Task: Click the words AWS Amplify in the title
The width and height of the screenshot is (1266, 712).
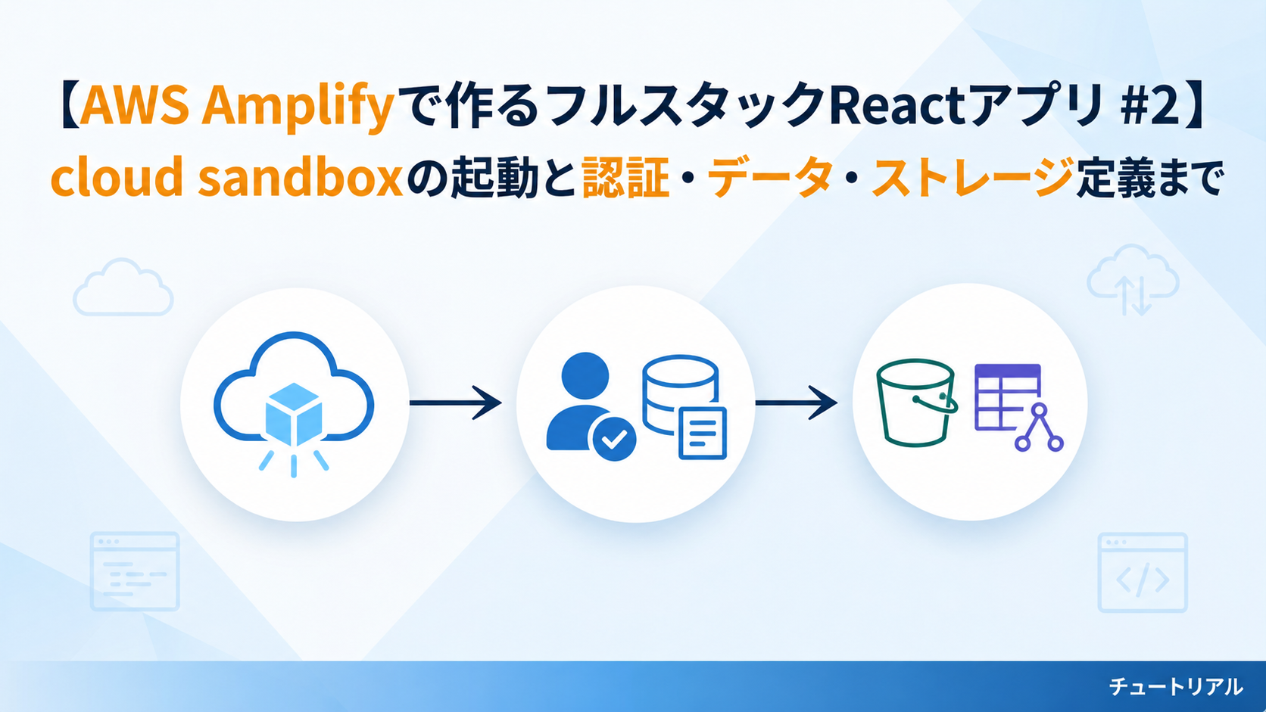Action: (x=236, y=106)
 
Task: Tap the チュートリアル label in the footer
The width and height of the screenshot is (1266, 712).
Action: (x=1175, y=686)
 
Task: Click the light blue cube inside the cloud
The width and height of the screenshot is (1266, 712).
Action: (x=294, y=414)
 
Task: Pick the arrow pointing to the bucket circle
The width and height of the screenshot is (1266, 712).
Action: (x=795, y=403)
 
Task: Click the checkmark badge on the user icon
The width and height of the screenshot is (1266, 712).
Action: (x=613, y=439)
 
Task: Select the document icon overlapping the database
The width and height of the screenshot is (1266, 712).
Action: (x=703, y=434)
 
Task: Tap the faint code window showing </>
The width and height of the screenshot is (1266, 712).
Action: (x=1142, y=573)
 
